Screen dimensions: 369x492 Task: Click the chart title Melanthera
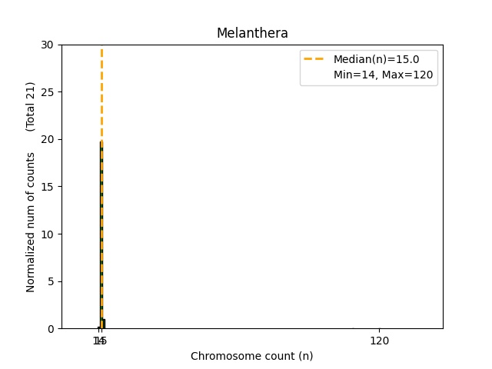252,33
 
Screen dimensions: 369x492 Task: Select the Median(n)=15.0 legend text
376,59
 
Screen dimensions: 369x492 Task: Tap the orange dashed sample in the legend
314,59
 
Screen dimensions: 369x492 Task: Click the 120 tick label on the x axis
379,341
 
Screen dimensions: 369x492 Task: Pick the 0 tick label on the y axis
52,329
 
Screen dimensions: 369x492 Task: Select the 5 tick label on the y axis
52,281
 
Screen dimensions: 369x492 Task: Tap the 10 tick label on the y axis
48,234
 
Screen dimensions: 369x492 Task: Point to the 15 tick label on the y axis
48,187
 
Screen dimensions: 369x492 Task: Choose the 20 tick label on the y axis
48,140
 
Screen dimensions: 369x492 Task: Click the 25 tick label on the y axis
48,92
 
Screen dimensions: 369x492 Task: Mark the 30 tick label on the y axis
48,45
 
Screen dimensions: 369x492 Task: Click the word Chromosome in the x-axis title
221,356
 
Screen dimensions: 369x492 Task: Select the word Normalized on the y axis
32,261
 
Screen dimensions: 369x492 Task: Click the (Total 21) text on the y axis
32,106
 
